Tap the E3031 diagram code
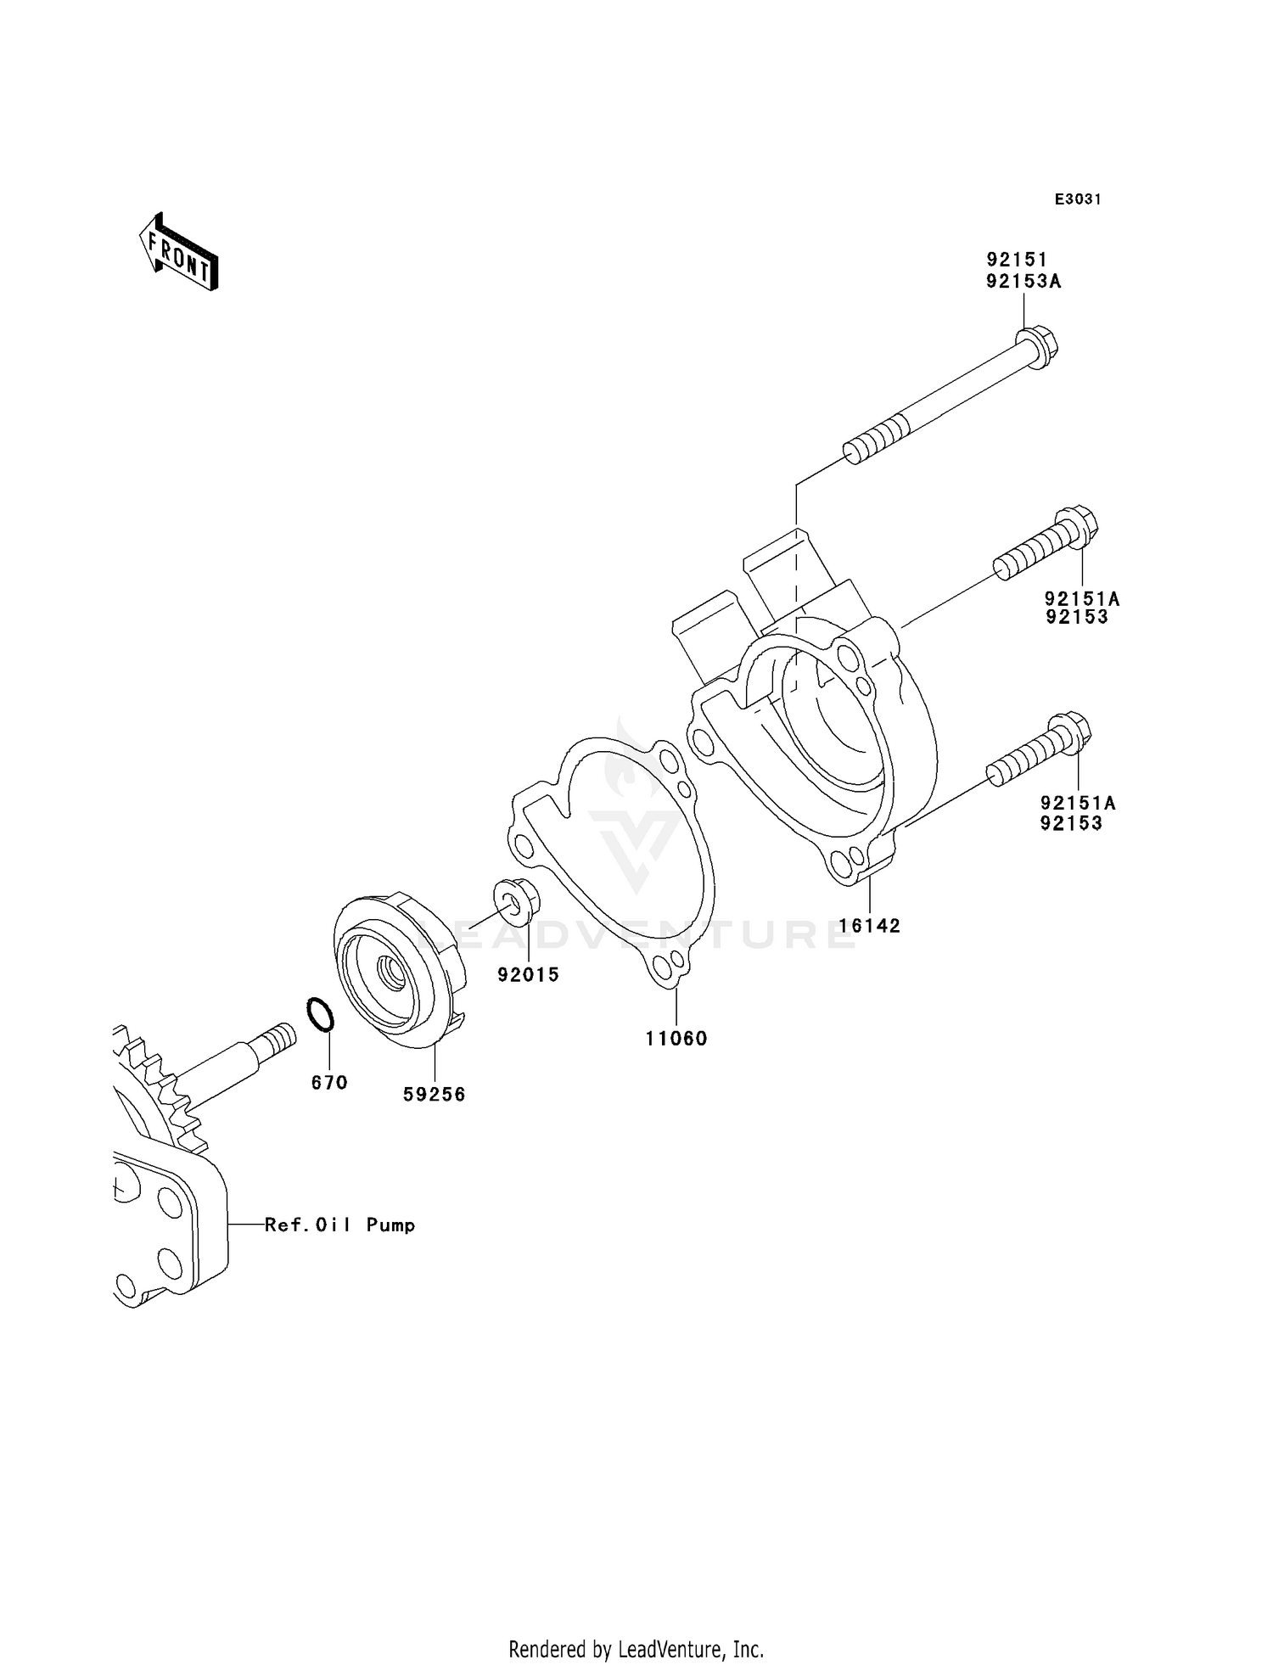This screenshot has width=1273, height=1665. tap(1078, 199)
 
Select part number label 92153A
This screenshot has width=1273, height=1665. tap(1023, 282)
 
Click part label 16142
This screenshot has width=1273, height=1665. tap(869, 926)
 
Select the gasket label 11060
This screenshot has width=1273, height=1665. tap(676, 1038)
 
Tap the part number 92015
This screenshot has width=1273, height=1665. tap(528, 975)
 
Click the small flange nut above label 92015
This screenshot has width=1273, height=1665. tap(512, 900)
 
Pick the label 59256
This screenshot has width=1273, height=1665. tap(434, 1095)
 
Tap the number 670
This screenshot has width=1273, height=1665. tap(329, 1083)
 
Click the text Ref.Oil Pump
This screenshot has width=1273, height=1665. tap(339, 1225)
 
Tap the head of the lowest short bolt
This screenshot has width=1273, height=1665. tap(1068, 734)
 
